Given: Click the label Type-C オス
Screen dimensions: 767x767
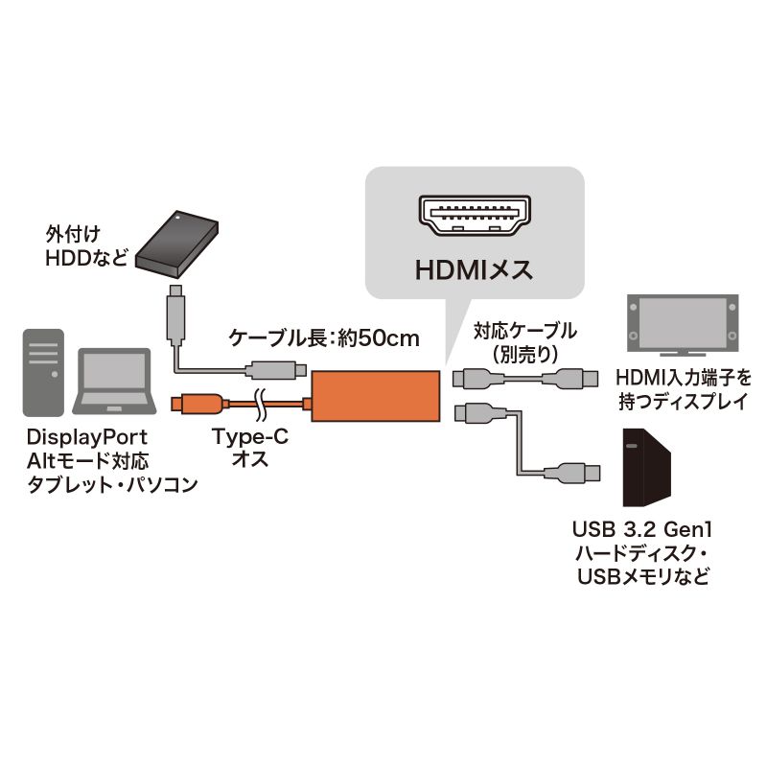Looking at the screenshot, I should [249, 448].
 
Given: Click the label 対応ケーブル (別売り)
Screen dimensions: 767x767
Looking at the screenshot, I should [524, 340].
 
